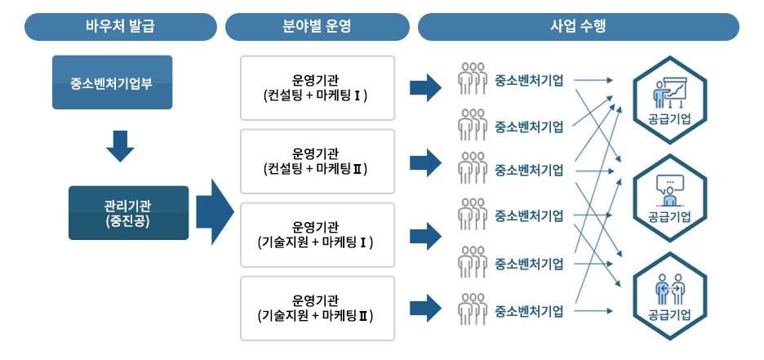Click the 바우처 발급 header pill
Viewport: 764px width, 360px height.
[x=120, y=27]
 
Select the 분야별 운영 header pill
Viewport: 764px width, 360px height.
[x=316, y=27]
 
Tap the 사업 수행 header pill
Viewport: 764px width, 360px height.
[x=578, y=27]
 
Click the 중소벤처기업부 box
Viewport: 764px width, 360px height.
[x=112, y=82]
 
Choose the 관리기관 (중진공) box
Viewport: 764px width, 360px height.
[x=128, y=212]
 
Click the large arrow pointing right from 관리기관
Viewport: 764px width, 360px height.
[x=215, y=212]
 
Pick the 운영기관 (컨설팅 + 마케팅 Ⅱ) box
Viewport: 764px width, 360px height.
[x=318, y=161]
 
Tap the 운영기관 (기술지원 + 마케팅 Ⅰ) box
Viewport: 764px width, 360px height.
[x=318, y=234]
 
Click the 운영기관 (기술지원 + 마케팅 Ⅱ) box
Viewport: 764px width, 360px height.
[x=318, y=308]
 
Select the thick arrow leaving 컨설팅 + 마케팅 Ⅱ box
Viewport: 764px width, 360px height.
[x=424, y=162]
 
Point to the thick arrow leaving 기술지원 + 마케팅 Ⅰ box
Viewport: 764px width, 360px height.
[x=424, y=234]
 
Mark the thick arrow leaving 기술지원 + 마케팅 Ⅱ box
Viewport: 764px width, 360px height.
[x=424, y=308]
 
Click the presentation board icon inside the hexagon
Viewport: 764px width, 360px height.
[x=670, y=91]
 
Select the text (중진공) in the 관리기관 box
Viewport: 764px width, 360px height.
[x=128, y=220]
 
